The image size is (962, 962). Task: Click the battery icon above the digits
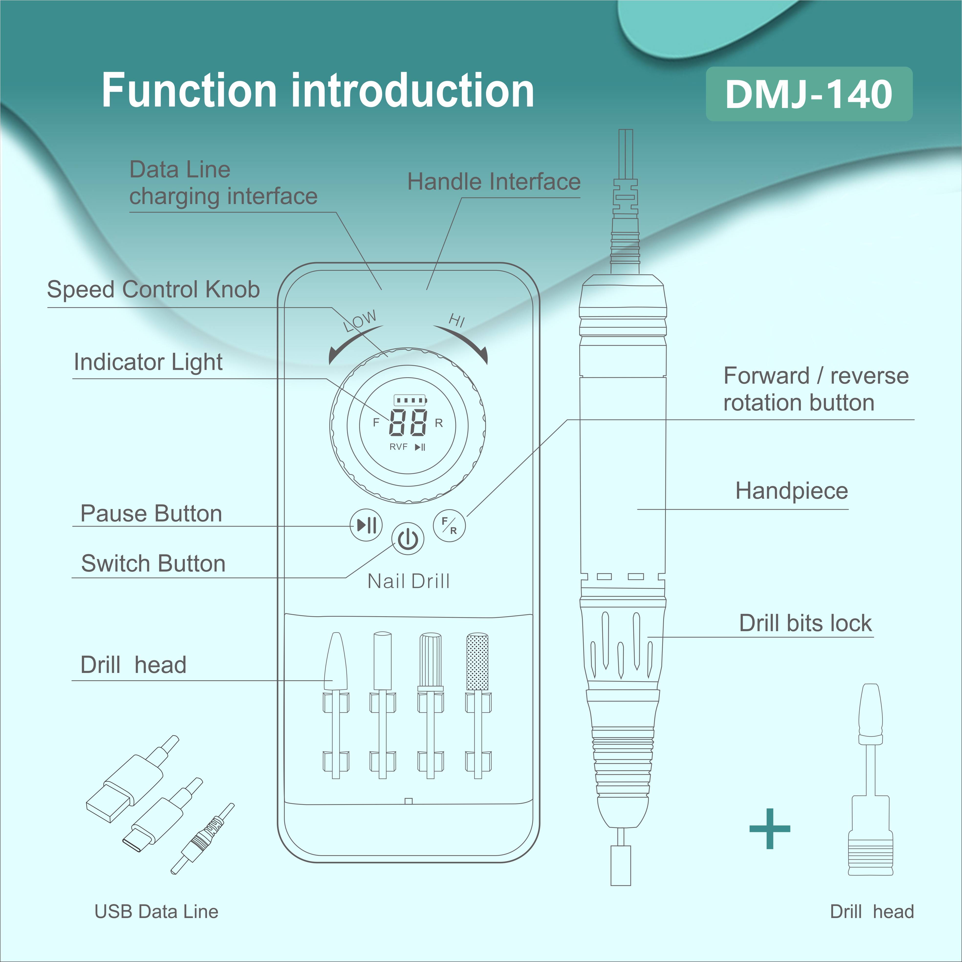pos(410,400)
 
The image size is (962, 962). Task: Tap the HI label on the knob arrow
pos(457,320)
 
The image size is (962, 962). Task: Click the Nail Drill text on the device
pos(408,581)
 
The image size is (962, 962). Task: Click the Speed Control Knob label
pos(153,289)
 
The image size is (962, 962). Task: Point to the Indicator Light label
pos(148,362)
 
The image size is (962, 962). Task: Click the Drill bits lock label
pos(805,623)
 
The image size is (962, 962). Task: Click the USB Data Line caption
pos(156,911)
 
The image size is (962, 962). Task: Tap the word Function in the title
pos(189,91)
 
